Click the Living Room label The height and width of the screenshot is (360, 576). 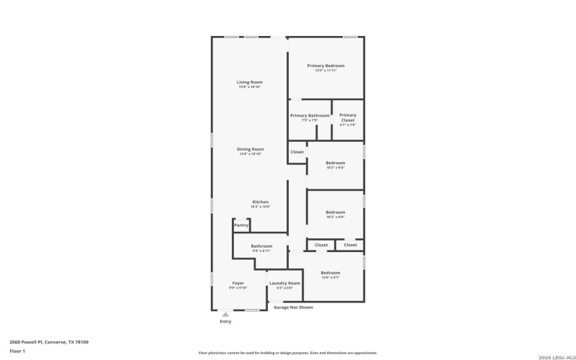click(x=249, y=82)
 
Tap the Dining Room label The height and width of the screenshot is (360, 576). click(x=250, y=149)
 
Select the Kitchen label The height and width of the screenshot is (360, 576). click(x=260, y=202)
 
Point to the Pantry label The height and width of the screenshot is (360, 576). click(x=241, y=225)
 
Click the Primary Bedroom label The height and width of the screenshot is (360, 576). click(x=325, y=66)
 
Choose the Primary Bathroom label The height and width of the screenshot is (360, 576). click(x=310, y=115)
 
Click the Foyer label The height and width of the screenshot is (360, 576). click(x=238, y=283)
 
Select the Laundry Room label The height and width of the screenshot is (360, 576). click(x=284, y=283)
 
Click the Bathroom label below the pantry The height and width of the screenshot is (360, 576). click(x=261, y=246)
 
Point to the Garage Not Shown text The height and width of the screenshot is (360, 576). click(x=293, y=307)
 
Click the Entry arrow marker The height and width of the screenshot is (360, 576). click(x=225, y=315)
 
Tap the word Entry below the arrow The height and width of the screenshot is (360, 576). click(x=225, y=322)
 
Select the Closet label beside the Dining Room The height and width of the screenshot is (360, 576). click(x=297, y=152)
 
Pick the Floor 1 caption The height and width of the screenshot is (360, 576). click(x=17, y=351)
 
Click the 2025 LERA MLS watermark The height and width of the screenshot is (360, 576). click(x=552, y=353)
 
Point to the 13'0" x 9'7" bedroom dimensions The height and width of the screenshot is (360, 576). click(x=330, y=277)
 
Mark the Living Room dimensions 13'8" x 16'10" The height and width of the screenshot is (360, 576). click(x=249, y=87)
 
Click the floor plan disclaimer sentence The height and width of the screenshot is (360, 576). click(x=287, y=353)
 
